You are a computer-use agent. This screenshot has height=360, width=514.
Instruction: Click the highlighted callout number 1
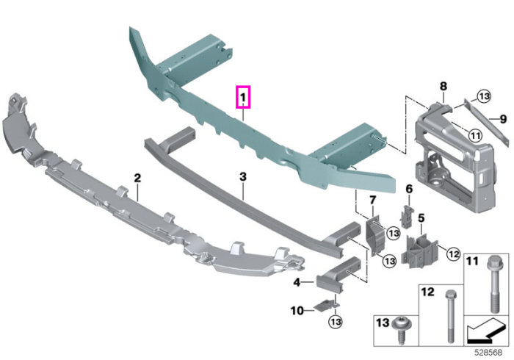[243, 98]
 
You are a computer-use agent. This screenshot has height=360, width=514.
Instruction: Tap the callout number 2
[138, 178]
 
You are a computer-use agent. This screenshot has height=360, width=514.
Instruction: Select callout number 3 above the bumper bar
[242, 177]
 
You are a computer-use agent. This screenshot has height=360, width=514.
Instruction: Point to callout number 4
[297, 282]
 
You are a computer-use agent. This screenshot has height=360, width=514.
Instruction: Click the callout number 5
[421, 218]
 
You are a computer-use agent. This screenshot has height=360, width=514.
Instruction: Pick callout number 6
[409, 189]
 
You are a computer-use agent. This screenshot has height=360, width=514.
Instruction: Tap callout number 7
[373, 200]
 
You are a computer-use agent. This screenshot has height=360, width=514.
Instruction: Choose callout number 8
[444, 86]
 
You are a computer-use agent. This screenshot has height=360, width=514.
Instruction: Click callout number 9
[504, 119]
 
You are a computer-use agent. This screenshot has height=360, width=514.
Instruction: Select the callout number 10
[297, 311]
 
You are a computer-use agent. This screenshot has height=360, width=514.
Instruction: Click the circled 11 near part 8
[475, 135]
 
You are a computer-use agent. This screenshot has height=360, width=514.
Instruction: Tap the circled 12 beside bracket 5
[453, 253]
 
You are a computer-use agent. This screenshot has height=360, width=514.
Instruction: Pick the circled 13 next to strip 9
[484, 96]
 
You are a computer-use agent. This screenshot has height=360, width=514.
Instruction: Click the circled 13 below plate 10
[335, 321]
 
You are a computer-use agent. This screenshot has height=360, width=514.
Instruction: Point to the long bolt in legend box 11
[494, 284]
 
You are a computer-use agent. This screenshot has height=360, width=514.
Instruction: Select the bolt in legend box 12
[449, 316]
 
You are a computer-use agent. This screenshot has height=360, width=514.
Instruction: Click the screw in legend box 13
[402, 329]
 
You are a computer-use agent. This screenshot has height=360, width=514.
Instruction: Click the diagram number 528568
[488, 353]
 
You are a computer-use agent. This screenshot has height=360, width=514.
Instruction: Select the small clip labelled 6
[405, 217]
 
